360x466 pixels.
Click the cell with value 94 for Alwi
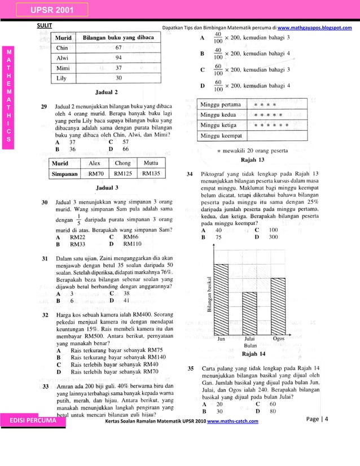tap(119, 58)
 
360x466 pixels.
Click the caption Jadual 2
tap(107, 91)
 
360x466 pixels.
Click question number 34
tap(191, 173)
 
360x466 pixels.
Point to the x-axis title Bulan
tap(251, 345)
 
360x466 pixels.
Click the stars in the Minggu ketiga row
tap(271, 125)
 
